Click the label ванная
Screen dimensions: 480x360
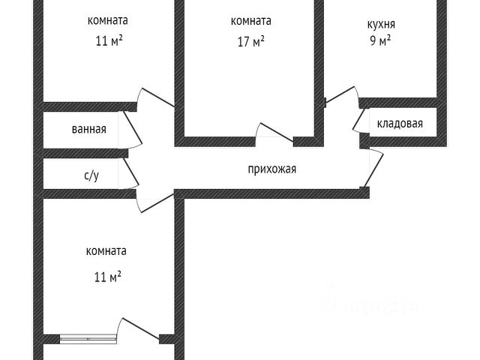tap(88, 129)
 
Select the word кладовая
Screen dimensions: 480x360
tap(400, 124)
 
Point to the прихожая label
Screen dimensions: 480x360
tap(272, 169)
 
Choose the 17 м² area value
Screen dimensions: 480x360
tap(250, 42)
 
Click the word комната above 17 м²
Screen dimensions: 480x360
tap(250, 21)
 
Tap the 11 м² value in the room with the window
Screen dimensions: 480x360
tap(107, 277)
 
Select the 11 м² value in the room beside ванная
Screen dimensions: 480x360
tap(109, 41)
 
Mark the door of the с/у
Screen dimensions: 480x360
tap(133, 173)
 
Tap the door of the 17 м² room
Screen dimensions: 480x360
tap(274, 131)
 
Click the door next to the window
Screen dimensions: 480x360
tap(139, 330)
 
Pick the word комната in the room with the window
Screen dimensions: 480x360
tap(106, 251)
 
